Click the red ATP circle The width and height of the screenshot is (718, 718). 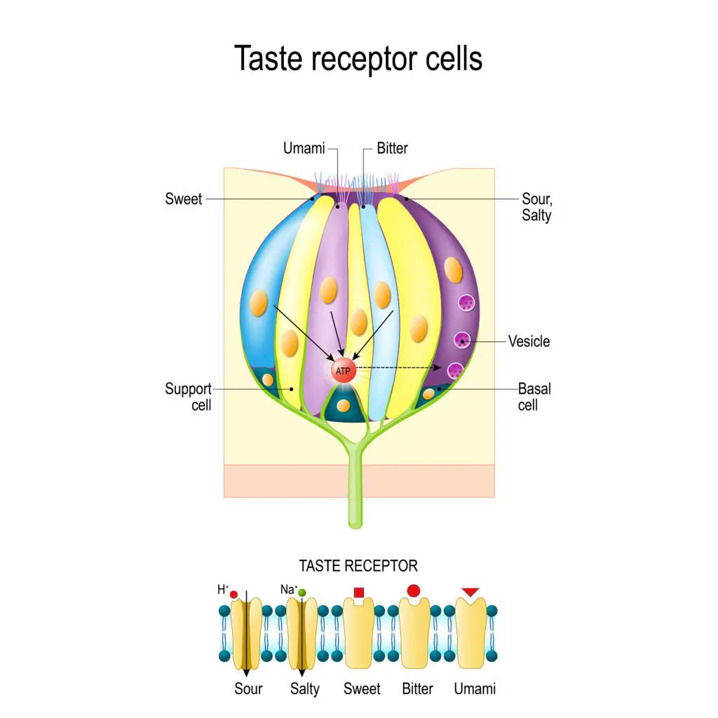tap(343, 371)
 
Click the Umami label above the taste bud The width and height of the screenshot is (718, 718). tap(304, 148)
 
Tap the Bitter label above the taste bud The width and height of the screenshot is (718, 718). tap(392, 148)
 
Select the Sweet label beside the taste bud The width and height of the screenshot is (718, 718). tap(184, 199)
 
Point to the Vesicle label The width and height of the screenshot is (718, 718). tap(529, 341)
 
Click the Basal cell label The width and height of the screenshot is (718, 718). tap(534, 396)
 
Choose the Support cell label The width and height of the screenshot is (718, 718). tap(188, 396)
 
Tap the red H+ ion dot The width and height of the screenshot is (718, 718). tap(233, 595)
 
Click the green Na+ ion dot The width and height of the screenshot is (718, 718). tap(302, 593)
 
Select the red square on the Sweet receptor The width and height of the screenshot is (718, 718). tap(359, 593)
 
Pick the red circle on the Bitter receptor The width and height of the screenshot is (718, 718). tap(414, 590)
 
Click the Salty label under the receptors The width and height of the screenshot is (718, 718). tap(305, 689)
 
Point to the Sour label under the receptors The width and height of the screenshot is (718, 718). tap(248, 689)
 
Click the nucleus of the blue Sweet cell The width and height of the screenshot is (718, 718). tap(259, 302)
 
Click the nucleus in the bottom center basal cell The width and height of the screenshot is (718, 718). tap(343, 405)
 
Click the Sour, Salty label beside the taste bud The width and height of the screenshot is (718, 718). tap(536, 207)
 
